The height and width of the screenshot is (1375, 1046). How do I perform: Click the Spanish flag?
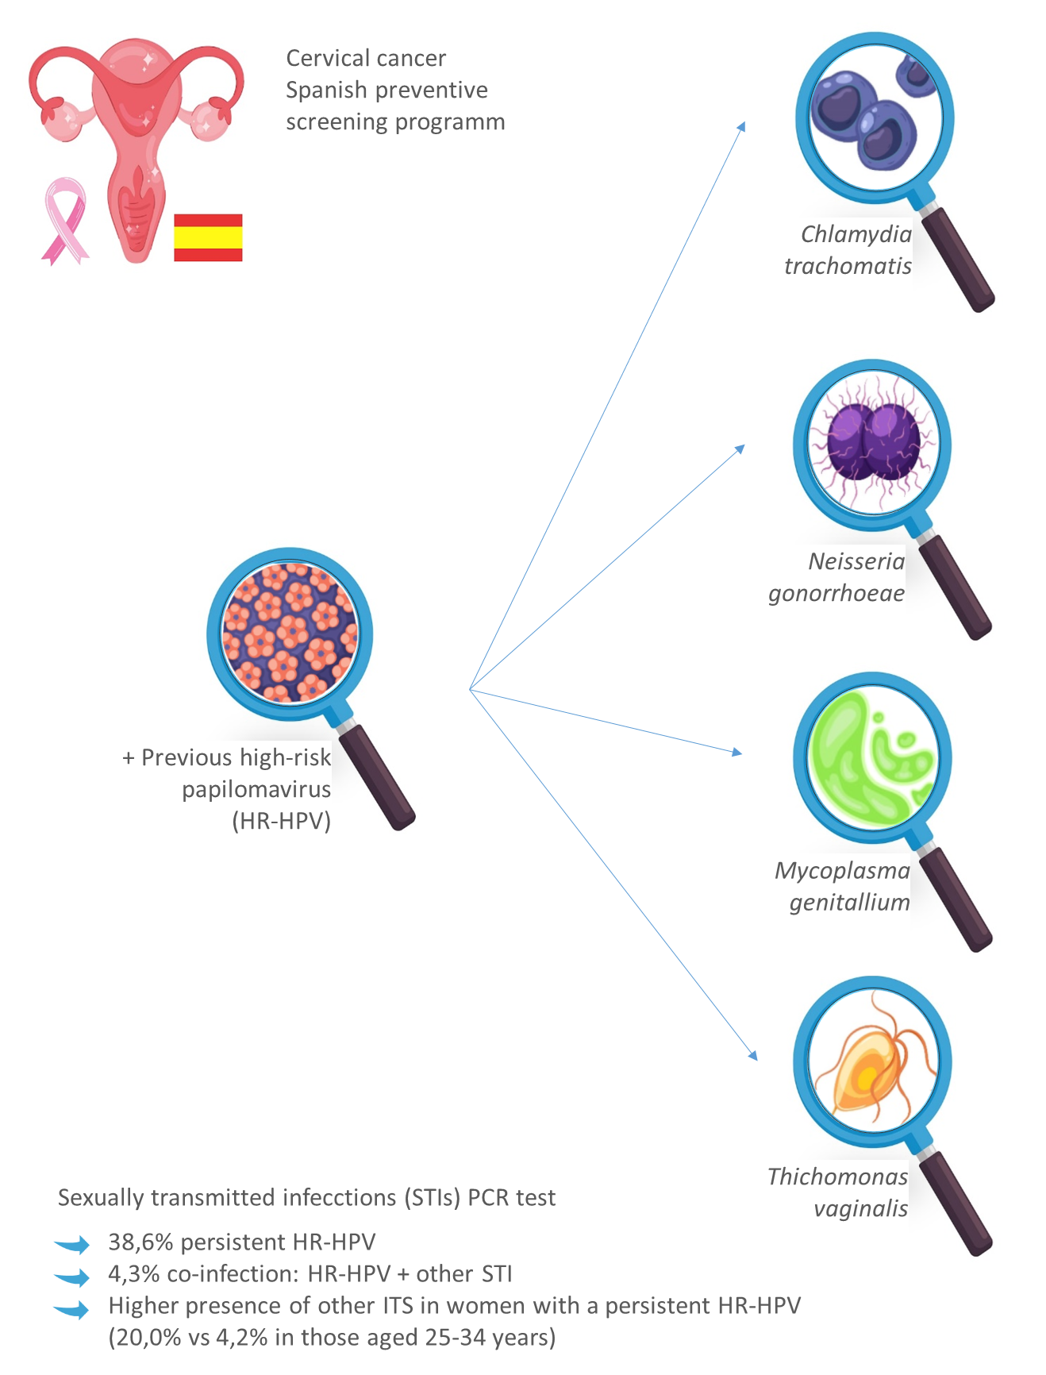pos(208,237)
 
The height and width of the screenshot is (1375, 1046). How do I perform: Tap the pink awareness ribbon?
pos(65,219)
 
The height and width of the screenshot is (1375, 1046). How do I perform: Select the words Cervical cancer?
pos(366,59)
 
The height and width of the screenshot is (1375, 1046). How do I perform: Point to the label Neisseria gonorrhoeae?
pos(836,577)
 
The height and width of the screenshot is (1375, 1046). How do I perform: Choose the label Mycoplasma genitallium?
pos(843,886)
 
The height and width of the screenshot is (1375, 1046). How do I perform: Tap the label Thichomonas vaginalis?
pos(838,1192)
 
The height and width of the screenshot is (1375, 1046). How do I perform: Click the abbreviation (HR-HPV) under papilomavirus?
pos(281,821)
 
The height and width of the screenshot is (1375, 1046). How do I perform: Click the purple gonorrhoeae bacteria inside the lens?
pos(873,441)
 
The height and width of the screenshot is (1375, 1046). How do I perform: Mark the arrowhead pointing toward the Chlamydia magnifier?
pos(741,127)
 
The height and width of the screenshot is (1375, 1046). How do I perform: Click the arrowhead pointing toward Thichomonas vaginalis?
pos(752,1055)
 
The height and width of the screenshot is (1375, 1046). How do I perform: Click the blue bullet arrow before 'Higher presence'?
pos(73,1308)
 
